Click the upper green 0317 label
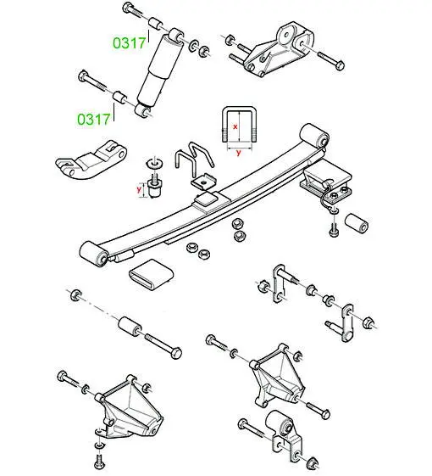(x=129, y=42)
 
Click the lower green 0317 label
(x=93, y=120)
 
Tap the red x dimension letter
(x=235, y=127)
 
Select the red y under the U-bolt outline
(x=239, y=153)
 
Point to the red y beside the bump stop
(x=139, y=190)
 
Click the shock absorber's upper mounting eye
(x=176, y=36)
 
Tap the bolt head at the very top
(x=127, y=7)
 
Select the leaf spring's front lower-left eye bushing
(x=93, y=254)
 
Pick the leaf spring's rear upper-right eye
(x=314, y=136)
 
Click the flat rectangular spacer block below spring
(x=151, y=273)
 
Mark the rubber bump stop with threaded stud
(x=155, y=186)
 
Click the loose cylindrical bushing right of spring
(x=357, y=224)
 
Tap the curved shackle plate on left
(x=91, y=160)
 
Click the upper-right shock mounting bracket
(x=279, y=50)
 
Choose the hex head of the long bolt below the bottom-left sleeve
(x=175, y=353)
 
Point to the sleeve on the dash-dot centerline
(x=130, y=327)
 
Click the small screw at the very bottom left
(x=99, y=463)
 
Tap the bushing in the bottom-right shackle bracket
(x=279, y=423)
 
